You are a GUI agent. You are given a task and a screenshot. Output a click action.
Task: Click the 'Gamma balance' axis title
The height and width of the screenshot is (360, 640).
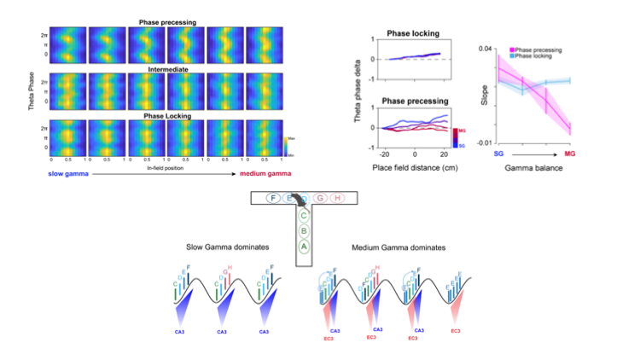[543, 168]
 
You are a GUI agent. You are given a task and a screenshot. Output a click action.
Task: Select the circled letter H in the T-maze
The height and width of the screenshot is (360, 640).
[337, 198]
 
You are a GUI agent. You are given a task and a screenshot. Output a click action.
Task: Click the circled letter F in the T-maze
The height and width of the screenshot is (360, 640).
[272, 198]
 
